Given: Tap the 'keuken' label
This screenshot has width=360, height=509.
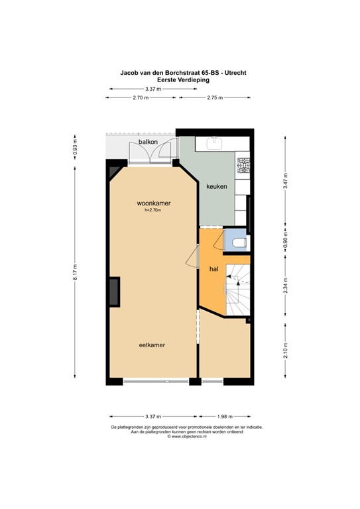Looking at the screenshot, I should click(x=216, y=187).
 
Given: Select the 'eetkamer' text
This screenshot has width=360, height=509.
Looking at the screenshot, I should click(x=152, y=345).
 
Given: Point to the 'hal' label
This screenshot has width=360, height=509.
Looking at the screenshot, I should click(x=214, y=270).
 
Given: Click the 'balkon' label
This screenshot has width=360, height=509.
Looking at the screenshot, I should click(x=147, y=142).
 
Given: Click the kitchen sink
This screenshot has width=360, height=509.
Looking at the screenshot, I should click(x=215, y=142).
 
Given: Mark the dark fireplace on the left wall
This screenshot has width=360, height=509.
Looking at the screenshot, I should click(x=115, y=292).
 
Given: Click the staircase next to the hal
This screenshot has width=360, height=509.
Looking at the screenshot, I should click(x=237, y=288).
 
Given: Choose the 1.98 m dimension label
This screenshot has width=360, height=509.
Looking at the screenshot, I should click(x=224, y=416).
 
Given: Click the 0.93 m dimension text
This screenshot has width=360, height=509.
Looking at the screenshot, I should click(x=76, y=146).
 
